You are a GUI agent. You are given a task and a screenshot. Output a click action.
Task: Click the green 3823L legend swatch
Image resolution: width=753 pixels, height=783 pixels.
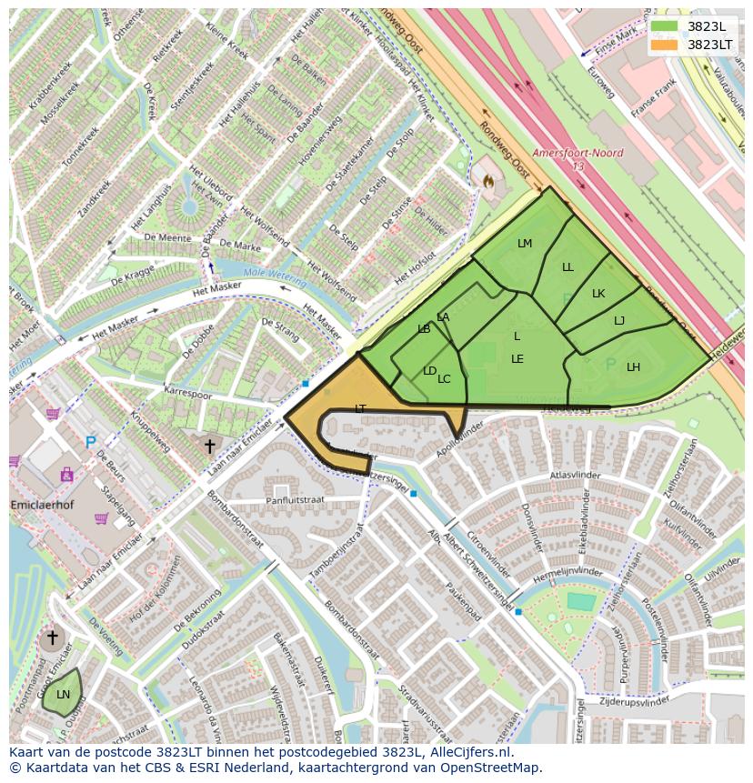(x=665, y=25)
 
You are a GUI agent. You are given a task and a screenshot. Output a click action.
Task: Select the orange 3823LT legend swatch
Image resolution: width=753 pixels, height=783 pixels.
(x=665, y=44)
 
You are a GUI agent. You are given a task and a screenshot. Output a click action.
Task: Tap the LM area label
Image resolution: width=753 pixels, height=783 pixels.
(x=525, y=244)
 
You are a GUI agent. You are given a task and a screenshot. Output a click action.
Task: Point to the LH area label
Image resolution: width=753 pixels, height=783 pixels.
(x=633, y=367)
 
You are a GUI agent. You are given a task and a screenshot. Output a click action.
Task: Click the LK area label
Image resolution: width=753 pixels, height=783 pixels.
(x=598, y=294)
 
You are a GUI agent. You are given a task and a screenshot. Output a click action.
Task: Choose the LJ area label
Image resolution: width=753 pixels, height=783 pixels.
(x=619, y=320)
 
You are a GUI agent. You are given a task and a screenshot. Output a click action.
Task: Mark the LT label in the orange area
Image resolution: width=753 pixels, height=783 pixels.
(x=360, y=409)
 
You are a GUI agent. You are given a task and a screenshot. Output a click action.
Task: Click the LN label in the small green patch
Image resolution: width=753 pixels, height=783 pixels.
(x=63, y=695)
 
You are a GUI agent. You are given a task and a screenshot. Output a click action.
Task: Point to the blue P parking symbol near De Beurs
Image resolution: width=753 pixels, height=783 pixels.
(x=90, y=443)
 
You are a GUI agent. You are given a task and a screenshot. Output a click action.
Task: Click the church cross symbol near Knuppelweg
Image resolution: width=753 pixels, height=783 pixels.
(x=209, y=446)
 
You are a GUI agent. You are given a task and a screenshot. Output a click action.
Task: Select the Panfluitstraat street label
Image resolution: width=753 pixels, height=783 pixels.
(x=296, y=500)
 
